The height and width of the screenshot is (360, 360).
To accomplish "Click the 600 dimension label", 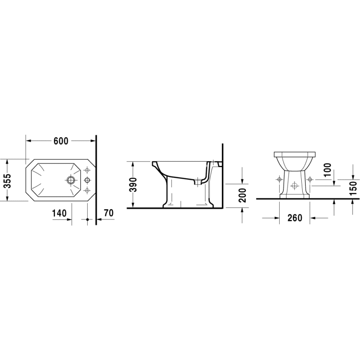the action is (x=61, y=141).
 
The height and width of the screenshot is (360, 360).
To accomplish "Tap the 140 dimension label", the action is (x=59, y=213).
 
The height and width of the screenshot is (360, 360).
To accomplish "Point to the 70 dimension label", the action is (x=109, y=213).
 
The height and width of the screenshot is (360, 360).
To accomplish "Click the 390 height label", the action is (x=133, y=185).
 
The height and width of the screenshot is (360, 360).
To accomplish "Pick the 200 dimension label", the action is (x=242, y=195).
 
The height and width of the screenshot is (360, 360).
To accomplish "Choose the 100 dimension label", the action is (x=328, y=169).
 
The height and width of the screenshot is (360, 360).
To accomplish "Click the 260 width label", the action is (x=294, y=217).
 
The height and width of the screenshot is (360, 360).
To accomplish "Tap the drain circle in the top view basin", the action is (x=71, y=180).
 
